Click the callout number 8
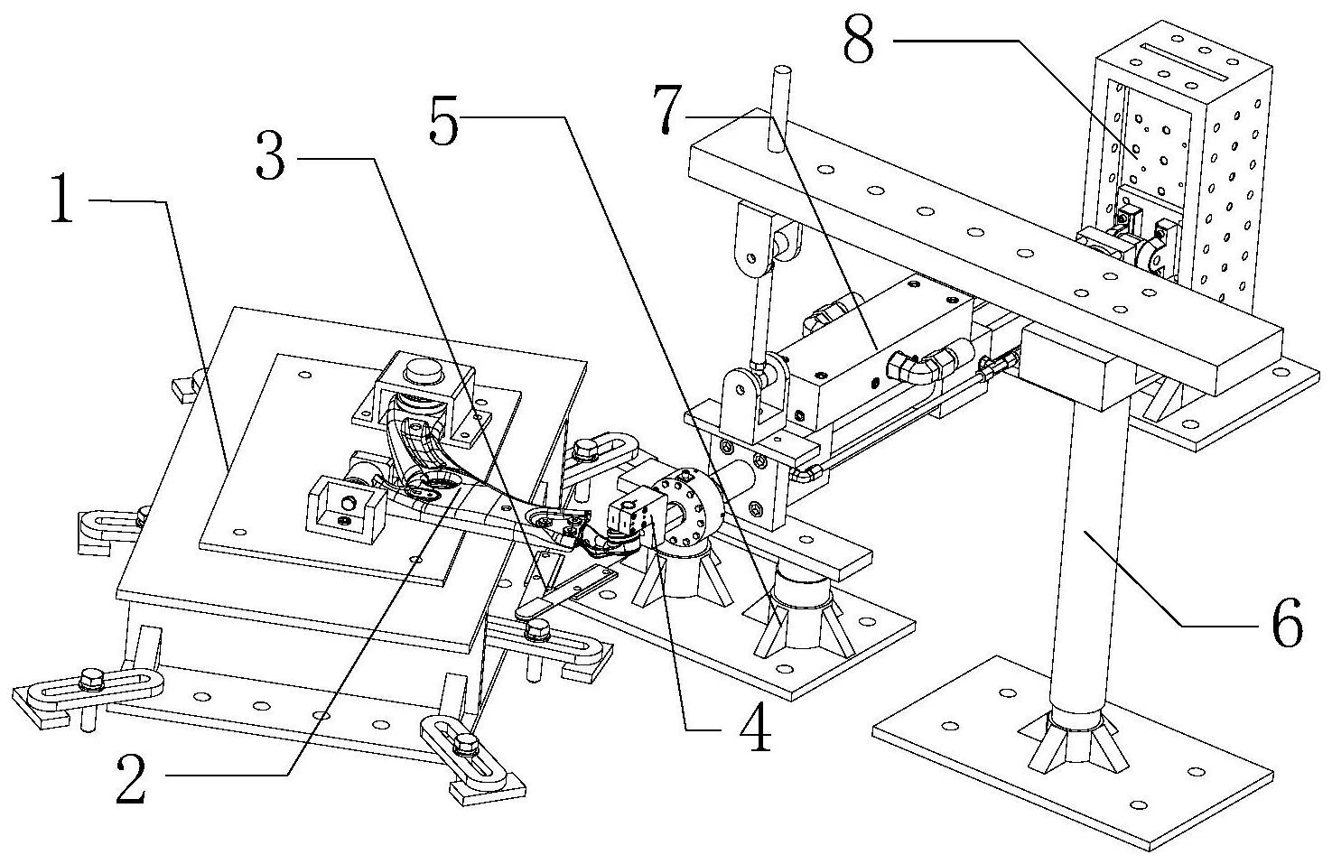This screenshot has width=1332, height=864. (x=860, y=40)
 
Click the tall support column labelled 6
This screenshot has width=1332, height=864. (x=1093, y=560)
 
